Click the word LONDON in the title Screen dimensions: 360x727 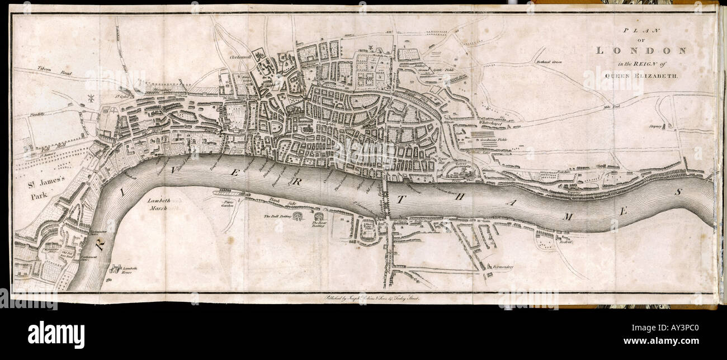pos(641,50)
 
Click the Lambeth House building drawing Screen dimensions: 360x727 pos(116,269)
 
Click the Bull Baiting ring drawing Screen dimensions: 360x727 pos(296,216)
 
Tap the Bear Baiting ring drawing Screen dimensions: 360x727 pos(319,217)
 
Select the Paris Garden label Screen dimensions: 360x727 pos(228,203)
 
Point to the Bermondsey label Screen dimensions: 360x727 pos(503,267)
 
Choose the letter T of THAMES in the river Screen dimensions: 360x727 pos(400,198)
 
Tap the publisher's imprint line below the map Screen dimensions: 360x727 pos(369,298)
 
